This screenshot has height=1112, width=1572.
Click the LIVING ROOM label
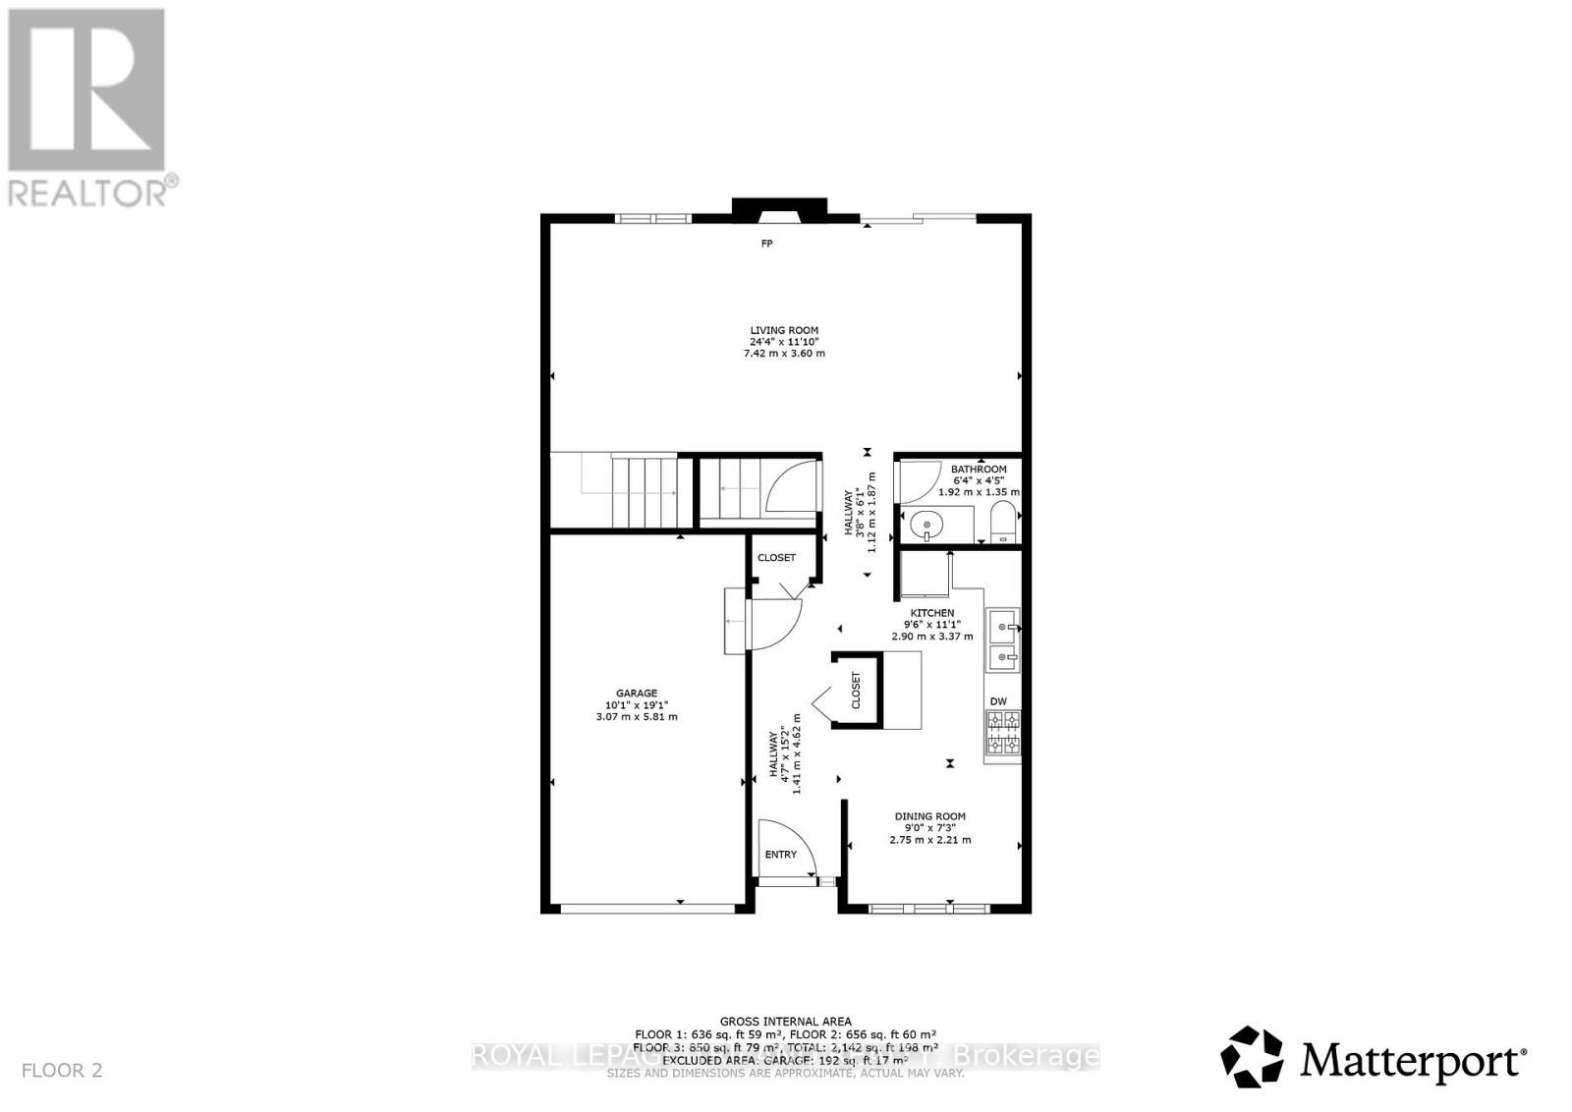coord(784,331)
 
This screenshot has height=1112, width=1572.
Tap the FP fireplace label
coord(766,243)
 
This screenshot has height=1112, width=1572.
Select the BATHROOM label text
coord(979,470)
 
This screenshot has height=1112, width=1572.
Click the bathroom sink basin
coord(925,526)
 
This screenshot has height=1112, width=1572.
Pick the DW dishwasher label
coord(998,701)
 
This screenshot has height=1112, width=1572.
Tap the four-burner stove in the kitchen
coord(1003,731)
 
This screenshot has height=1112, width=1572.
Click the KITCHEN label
coord(931,613)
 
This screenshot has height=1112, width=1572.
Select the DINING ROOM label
coord(929,816)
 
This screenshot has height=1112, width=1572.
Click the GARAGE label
coord(637,694)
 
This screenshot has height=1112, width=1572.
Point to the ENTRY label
coord(781,855)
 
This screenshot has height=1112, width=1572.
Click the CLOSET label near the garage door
coord(776,558)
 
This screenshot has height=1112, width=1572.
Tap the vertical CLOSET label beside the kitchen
coord(856,691)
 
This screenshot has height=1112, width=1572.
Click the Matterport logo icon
coord(1252,1057)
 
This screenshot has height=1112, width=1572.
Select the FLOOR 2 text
coord(61,1070)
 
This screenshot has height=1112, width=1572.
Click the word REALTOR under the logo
coord(88,192)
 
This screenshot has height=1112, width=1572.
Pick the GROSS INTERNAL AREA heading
coord(786,1022)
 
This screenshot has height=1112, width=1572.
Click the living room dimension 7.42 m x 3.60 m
coord(784,353)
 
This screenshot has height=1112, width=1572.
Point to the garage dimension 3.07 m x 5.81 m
coord(637,716)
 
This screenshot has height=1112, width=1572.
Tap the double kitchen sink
coord(1003,640)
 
